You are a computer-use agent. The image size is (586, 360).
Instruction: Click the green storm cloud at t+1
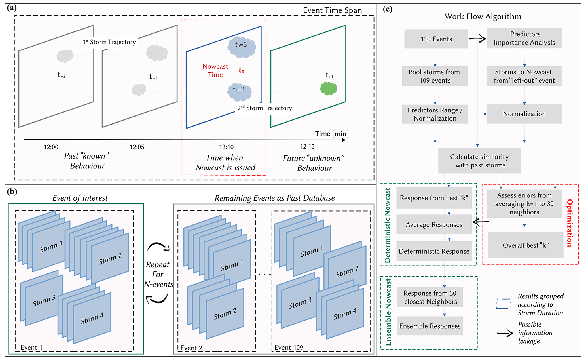(328, 88)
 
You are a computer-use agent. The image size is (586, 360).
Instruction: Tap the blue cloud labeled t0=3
(242, 47)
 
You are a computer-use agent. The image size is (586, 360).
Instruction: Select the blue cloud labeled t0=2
(240, 92)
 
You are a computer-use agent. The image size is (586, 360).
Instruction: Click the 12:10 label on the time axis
(226, 147)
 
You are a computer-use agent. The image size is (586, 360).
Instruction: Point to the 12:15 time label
(307, 147)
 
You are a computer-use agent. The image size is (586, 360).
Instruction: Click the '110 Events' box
(436, 39)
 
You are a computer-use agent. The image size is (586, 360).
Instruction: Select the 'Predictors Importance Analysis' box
(524, 38)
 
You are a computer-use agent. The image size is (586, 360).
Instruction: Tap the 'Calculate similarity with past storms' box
(479, 161)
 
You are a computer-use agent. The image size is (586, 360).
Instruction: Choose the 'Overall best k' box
(526, 245)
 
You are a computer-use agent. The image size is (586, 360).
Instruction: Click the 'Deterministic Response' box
(434, 251)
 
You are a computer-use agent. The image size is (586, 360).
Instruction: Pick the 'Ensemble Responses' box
(430, 326)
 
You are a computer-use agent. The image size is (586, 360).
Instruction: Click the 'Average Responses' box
(434, 225)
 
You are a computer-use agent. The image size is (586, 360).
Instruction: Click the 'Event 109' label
(289, 348)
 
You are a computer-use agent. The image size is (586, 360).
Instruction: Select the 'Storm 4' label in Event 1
(92, 318)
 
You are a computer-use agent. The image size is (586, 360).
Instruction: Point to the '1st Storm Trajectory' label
(109, 42)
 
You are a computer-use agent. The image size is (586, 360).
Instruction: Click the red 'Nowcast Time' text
(215, 71)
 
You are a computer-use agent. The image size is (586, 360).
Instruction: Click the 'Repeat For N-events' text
(158, 274)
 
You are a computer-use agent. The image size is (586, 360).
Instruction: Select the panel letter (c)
(388, 9)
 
